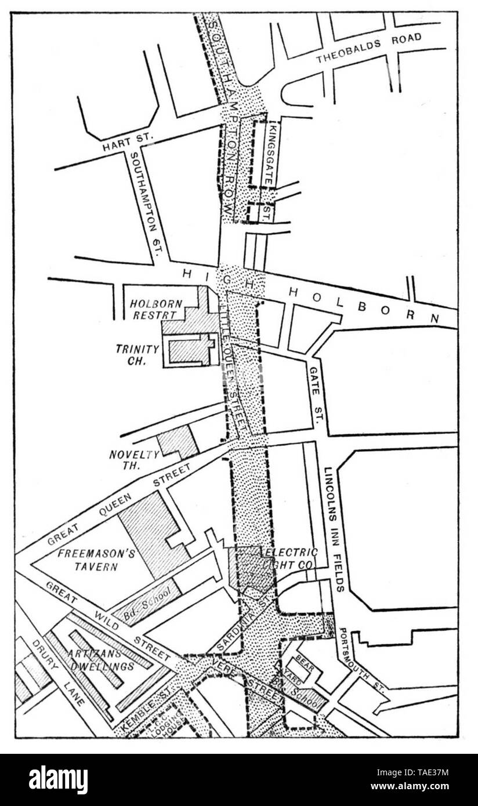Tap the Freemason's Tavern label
tap(96, 560)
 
